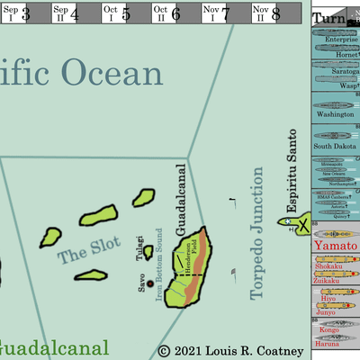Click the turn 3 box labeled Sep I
click(x=15, y=13)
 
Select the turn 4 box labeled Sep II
click(x=64, y=13)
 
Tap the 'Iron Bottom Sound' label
click(x=164, y=264)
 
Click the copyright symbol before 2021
click(x=163, y=350)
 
